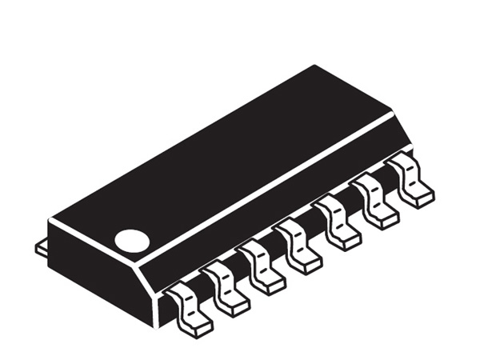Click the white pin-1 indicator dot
[x=132, y=240]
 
